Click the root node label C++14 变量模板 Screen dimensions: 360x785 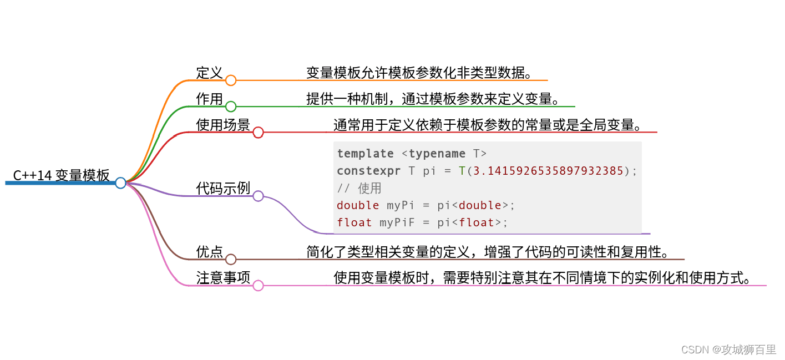62,176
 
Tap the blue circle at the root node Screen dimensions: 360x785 120,182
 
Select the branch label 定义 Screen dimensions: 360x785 209,73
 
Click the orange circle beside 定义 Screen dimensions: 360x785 231,80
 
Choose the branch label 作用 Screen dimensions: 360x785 209,99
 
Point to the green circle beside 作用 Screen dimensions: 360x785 231,107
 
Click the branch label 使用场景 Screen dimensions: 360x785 223,125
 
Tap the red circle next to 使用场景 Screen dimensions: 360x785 258,133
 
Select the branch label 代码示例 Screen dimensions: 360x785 223,189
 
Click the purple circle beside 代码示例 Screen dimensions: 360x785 258,196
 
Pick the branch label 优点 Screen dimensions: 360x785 209,252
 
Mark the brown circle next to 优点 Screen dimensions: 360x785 231,259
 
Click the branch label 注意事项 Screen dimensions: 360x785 223,277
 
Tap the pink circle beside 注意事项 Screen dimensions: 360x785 258,286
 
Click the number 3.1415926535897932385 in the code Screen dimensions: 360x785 548,171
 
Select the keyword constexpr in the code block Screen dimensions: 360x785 368,171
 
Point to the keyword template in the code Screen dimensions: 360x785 365,154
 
